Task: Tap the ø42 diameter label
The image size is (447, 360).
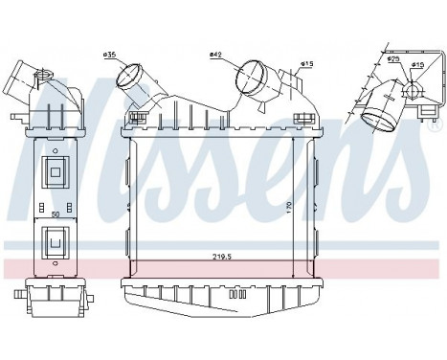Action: (x=217, y=55)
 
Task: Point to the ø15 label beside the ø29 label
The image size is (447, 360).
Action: (x=419, y=65)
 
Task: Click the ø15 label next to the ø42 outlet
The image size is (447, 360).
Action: (x=306, y=64)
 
